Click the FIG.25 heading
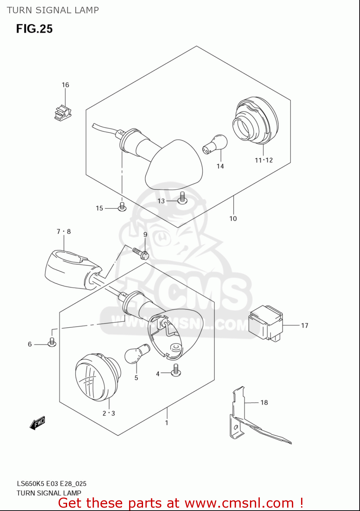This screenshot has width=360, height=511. pos(34,29)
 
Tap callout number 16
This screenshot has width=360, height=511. pos(65,85)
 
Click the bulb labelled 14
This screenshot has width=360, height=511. pos(215,144)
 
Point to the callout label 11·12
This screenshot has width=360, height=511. pos(264,160)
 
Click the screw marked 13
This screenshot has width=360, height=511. pos(183,198)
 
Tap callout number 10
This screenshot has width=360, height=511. pos(233,219)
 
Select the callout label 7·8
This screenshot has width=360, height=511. pos(64,232)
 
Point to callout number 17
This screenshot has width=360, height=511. pos(304,326)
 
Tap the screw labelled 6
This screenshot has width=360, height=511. pos(52,342)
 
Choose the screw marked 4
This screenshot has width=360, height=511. pos(176,370)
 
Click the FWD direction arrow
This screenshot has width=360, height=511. pos(37,423)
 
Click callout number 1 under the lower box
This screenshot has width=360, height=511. pos(167,423)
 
